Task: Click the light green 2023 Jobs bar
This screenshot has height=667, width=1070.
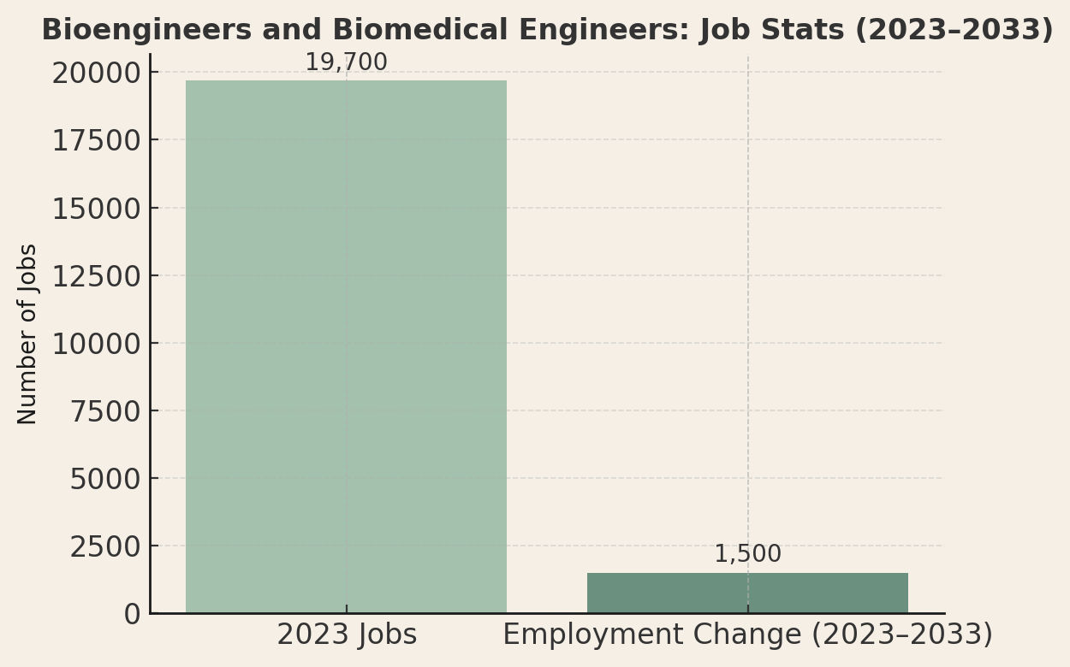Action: [346, 346]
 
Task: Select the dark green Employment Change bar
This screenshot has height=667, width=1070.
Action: [747, 593]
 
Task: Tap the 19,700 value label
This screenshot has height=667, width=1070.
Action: [346, 62]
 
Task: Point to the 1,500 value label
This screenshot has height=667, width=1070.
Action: [747, 554]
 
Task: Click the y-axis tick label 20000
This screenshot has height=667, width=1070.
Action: [96, 74]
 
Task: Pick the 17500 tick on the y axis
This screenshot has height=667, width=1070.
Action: [96, 141]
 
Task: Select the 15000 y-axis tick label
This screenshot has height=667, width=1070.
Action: [96, 209]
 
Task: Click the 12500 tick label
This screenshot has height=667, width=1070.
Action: [96, 276]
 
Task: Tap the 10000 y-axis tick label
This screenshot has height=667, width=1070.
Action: [96, 344]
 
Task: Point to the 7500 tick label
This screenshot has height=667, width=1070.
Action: [105, 411]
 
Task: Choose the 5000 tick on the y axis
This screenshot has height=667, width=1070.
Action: [105, 479]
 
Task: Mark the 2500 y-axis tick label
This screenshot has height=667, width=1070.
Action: [105, 546]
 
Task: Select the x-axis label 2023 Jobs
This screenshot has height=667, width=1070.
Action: [347, 635]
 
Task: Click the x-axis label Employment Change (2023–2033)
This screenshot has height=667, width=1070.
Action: [747, 635]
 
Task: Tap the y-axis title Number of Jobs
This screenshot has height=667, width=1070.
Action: [28, 333]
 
